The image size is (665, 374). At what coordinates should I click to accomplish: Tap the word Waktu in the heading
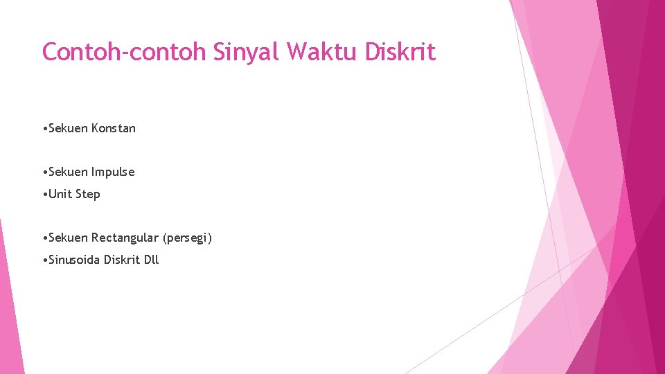(x=322, y=52)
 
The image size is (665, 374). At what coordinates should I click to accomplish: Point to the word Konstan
(x=114, y=128)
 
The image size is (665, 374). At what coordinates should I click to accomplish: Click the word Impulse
(x=113, y=172)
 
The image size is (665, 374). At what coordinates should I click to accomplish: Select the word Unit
(x=61, y=194)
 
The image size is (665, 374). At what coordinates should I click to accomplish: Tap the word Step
(x=88, y=194)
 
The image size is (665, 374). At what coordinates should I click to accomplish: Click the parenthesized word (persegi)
(x=187, y=238)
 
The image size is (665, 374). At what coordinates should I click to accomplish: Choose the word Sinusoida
(x=75, y=260)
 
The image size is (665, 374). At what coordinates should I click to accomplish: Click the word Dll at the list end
(x=151, y=260)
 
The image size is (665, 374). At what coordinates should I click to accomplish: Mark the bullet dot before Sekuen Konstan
(x=44, y=129)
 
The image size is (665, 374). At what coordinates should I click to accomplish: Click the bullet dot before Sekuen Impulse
(x=44, y=172)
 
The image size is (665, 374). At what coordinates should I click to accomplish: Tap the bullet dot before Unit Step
(x=44, y=195)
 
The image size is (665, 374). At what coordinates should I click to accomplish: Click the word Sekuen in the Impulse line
(x=68, y=172)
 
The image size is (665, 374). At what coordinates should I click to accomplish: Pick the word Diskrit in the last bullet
(x=122, y=260)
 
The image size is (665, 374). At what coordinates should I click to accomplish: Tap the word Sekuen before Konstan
(x=68, y=128)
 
